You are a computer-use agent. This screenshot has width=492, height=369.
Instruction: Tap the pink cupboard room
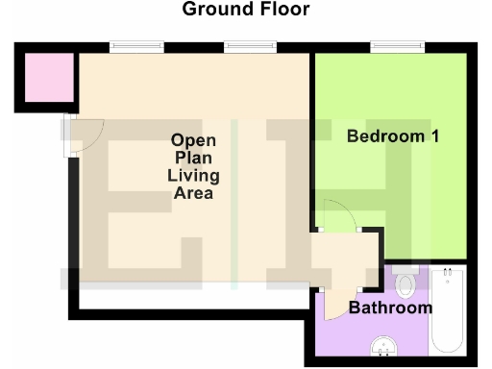[x=45, y=76]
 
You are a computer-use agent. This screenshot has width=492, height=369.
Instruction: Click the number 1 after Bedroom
[x=434, y=136]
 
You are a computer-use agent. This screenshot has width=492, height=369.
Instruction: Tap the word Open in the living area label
[x=193, y=140]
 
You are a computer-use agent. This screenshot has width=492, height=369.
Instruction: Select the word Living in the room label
[x=193, y=176]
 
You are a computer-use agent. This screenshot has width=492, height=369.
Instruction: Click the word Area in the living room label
[x=193, y=193]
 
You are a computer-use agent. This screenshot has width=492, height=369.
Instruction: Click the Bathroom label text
[x=389, y=308]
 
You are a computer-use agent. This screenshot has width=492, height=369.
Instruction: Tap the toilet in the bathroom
[x=405, y=282]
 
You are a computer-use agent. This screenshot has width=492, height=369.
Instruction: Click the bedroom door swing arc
[x=336, y=214]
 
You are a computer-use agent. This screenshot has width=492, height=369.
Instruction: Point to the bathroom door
[x=336, y=305]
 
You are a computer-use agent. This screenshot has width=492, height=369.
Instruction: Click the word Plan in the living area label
[x=193, y=158]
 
